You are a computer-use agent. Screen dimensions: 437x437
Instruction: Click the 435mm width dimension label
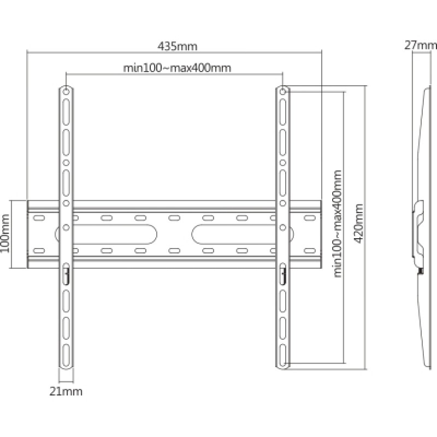point(177,46)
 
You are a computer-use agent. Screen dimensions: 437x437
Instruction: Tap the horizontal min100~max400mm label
point(177,68)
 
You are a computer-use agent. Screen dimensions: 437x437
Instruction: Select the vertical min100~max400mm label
point(337,223)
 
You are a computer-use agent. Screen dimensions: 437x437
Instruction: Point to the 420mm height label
point(359,223)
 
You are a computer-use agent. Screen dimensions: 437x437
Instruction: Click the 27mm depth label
point(421,45)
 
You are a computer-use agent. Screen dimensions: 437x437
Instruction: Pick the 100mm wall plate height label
point(5,234)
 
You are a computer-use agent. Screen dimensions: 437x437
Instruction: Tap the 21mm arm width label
point(66,392)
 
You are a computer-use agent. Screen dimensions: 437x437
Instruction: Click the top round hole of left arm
point(66,92)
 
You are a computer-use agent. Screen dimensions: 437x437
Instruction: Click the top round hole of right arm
point(282,92)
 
